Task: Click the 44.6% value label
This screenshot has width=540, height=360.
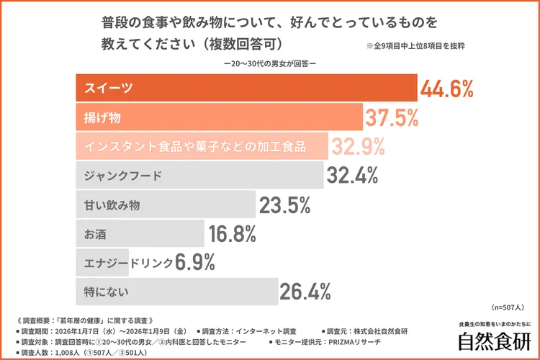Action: tap(448, 89)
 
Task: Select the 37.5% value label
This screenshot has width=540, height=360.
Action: tap(392, 117)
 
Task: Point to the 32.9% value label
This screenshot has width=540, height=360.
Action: tap(358, 147)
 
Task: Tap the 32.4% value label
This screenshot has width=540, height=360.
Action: tap(354, 176)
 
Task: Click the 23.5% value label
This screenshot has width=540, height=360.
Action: tap(285, 205)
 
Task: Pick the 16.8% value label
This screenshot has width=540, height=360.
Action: tap(233, 234)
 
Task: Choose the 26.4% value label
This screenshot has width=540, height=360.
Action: tap(305, 292)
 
